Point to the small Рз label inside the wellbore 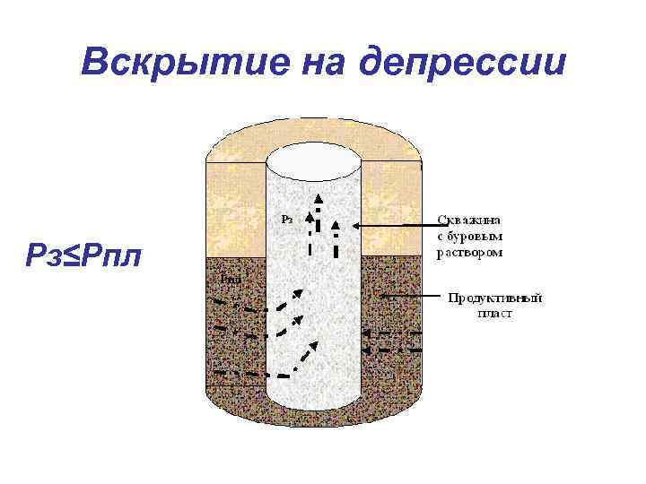click(x=285, y=218)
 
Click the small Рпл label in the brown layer click(x=231, y=279)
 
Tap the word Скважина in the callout click(x=469, y=219)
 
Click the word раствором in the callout click(x=469, y=252)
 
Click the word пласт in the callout click(x=494, y=314)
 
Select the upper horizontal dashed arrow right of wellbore click(x=391, y=333)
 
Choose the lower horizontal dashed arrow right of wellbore click(x=391, y=350)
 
